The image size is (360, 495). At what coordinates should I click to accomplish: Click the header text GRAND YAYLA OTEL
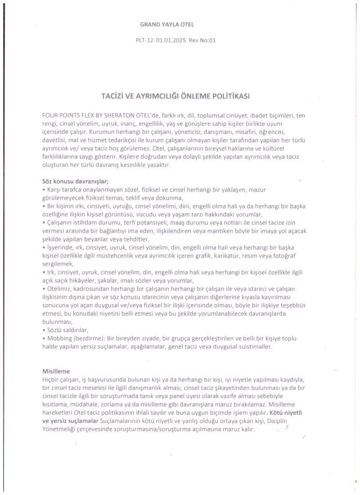point(167,24)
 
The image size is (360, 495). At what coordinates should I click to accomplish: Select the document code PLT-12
point(144,41)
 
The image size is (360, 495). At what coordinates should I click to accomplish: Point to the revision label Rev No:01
point(202,41)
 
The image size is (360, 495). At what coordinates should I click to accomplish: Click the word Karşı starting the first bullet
point(54,189)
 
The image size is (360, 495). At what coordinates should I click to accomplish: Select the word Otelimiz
point(58,289)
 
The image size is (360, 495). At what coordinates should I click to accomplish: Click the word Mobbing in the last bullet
point(58,338)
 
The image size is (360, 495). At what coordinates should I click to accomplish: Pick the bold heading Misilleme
point(57,371)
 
